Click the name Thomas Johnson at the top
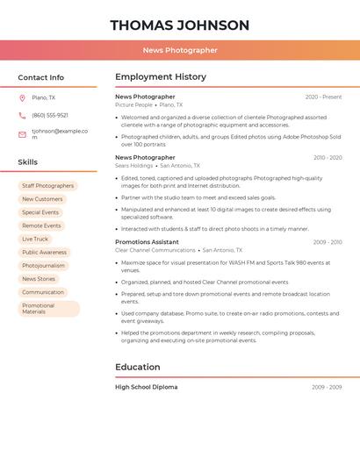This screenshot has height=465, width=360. (180, 25)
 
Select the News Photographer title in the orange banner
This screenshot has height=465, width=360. (180, 51)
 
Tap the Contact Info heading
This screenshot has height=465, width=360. (40, 77)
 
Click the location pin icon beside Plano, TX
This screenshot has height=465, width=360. (22, 97)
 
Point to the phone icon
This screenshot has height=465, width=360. (22, 115)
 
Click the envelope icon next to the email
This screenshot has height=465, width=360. (22, 134)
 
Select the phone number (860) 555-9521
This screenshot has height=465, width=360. (50, 115)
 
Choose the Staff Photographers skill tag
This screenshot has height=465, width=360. (47, 186)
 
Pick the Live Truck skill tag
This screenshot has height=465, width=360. (35, 239)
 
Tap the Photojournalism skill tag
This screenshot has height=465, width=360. (43, 265)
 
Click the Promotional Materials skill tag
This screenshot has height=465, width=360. (47, 309)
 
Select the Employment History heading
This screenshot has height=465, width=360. (161, 77)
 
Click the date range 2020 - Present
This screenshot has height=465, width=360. (323, 97)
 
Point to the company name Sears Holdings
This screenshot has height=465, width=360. (133, 165)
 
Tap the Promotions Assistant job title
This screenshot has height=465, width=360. (147, 242)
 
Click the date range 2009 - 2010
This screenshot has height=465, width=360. (327, 242)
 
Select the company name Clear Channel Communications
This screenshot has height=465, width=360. (155, 250)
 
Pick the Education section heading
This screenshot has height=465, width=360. (137, 367)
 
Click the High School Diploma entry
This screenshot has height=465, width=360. (146, 387)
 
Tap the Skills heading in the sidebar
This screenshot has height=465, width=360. (27, 162)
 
